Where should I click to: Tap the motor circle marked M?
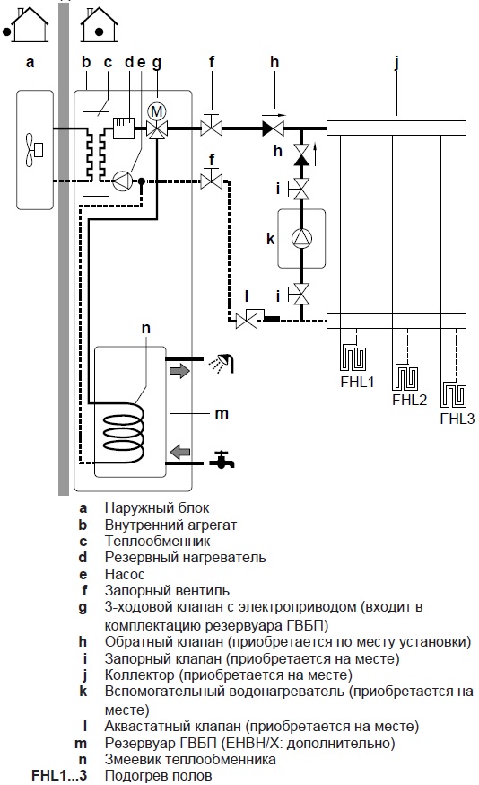(x=158, y=111)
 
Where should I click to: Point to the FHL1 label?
(x=357, y=382)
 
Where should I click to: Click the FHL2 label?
(x=410, y=400)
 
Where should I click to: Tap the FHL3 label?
(x=457, y=419)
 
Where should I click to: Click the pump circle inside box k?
(x=301, y=238)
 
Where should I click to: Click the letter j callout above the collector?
(x=396, y=63)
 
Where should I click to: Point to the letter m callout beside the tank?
(x=222, y=413)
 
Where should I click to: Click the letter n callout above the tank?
(x=145, y=328)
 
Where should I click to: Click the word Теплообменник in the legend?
(x=158, y=542)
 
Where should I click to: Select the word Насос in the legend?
(x=125, y=574)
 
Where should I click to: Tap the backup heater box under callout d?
(x=124, y=128)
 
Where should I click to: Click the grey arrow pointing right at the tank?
(x=179, y=371)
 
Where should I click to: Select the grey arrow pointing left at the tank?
(x=180, y=452)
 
